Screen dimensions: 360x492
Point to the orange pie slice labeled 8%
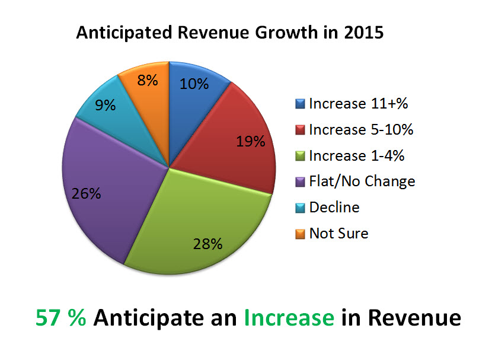pos(145,86)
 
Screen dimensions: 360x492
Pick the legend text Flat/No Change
pos(362,181)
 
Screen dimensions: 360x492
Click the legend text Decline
pos(334,207)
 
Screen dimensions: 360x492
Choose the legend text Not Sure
pos(338,233)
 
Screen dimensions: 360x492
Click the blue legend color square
pos(300,104)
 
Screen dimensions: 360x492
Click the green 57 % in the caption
pos(61,318)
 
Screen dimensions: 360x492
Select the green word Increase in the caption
pos(288,318)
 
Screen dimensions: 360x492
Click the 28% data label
pos(207,244)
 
